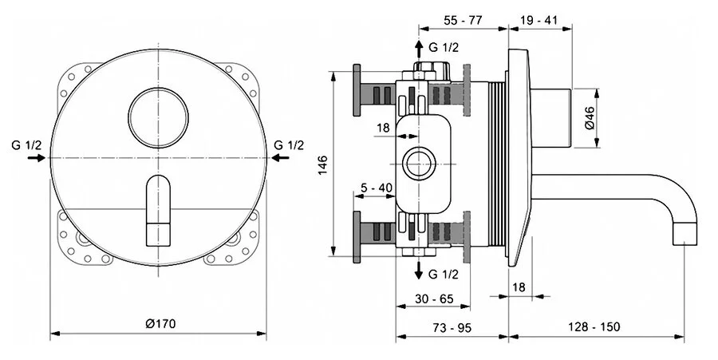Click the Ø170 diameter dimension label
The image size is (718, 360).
160,323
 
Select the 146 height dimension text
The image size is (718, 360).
322,164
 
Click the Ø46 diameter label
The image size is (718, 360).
589,118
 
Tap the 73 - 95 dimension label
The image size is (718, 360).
453,327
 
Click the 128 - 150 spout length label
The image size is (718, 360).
596,327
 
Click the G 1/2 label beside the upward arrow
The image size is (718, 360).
444,48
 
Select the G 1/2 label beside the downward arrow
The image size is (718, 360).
444,275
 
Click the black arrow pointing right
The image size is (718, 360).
37,159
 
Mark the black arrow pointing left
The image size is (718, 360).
281,159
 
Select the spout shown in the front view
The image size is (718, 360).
158,210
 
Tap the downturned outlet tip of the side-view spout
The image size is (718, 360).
684,234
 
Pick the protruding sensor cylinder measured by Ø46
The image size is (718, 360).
555,118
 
